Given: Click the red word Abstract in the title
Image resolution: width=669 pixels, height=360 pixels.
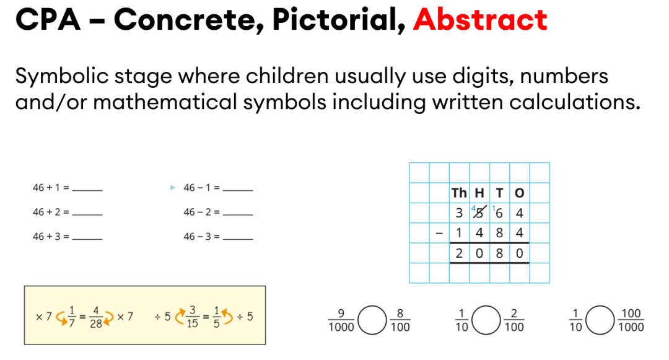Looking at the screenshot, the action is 480,19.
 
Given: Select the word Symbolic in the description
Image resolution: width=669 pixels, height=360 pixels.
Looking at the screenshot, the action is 63,77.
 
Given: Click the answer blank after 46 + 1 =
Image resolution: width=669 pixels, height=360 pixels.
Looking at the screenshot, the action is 87,190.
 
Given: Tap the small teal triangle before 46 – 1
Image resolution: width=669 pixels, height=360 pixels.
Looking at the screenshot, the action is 173,187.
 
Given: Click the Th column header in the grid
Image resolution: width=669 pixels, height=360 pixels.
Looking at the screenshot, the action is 459,193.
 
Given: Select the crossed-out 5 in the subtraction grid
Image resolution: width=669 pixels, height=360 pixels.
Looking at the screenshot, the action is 479,213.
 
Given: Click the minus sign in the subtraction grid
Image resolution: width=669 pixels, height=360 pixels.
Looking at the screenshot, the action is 439,233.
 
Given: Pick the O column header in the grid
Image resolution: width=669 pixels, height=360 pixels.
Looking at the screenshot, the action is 519,193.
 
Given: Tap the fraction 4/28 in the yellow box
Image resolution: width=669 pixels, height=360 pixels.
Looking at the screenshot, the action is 96,317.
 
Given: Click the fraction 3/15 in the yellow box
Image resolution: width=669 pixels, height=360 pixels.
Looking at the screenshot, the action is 193,317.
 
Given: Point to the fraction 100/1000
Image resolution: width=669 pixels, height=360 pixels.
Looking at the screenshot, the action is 631,320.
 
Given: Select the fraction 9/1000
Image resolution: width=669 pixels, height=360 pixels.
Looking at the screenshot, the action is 341,320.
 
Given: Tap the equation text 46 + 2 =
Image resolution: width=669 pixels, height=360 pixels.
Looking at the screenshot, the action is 51,212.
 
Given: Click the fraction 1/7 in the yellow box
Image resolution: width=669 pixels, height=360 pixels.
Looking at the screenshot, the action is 72,317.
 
